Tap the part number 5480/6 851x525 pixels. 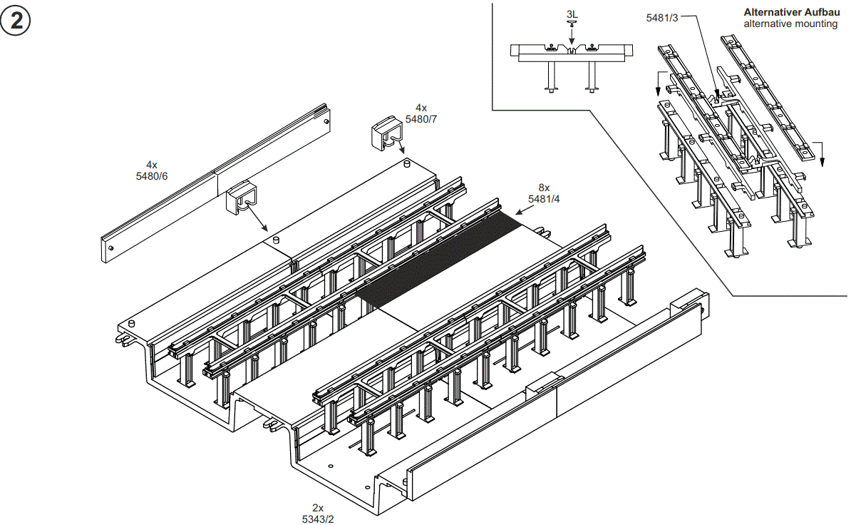[152, 175]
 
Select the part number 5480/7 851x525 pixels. [421, 119]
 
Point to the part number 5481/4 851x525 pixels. [544, 200]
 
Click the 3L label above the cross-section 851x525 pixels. [572, 14]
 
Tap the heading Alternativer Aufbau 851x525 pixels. [790, 12]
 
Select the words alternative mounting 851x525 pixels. [790, 24]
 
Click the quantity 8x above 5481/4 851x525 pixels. [544, 189]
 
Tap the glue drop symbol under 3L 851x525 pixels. [571, 24]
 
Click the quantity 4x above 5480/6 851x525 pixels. [152, 165]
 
